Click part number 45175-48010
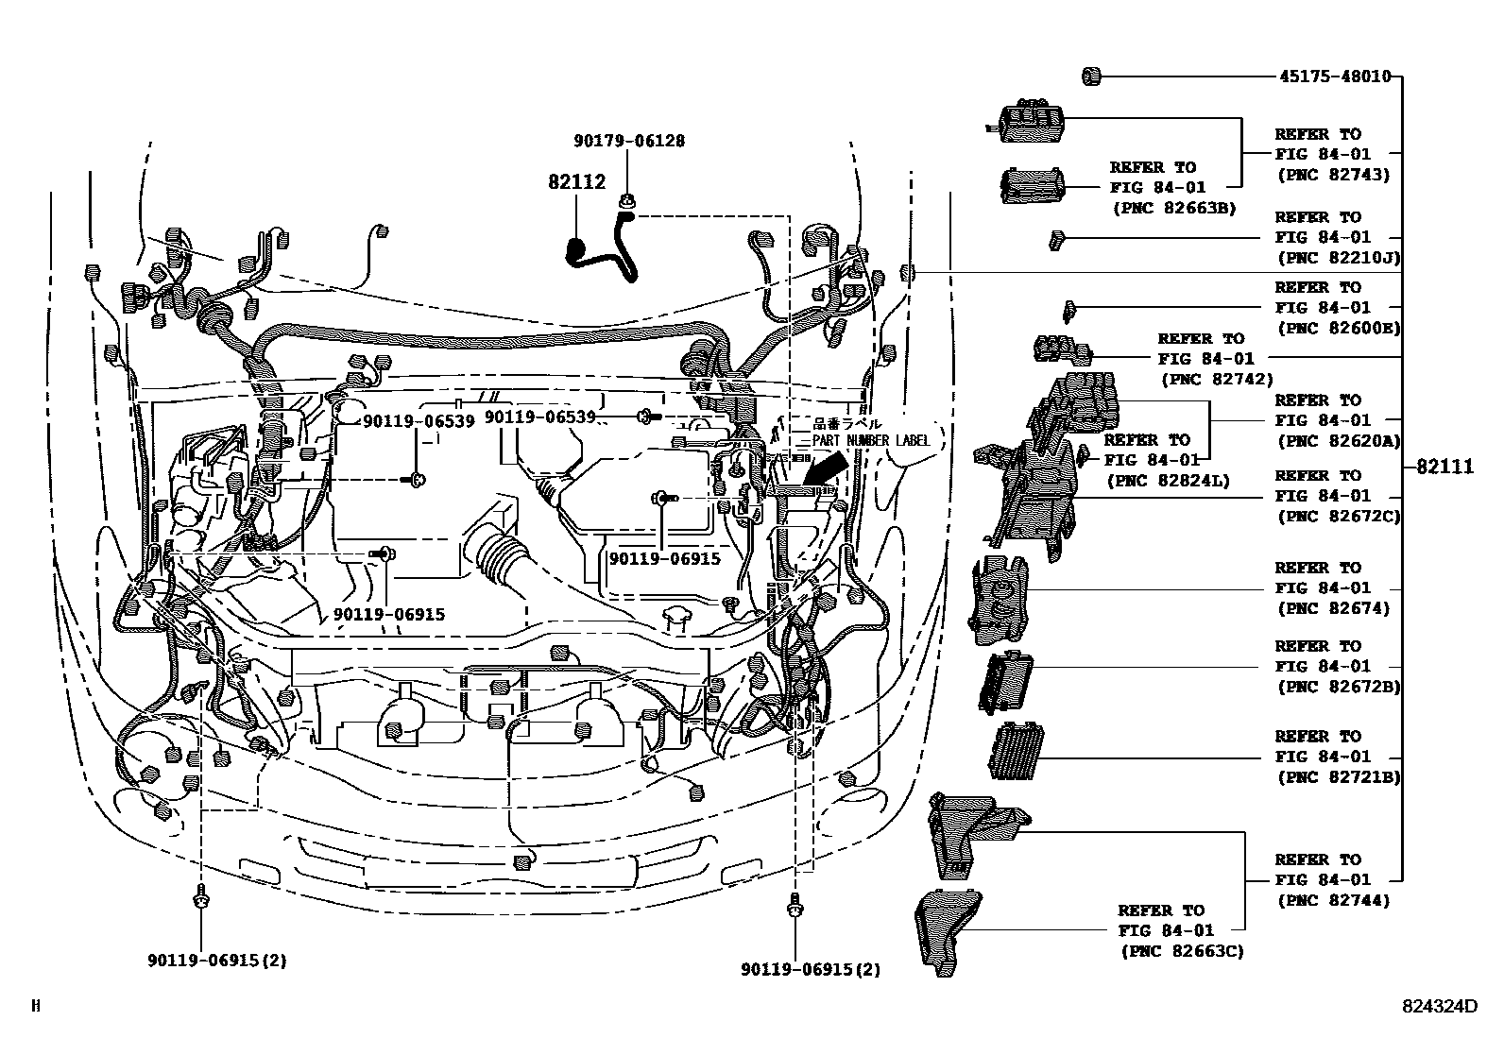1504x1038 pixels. (x=1335, y=77)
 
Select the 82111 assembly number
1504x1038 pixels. (x=1444, y=467)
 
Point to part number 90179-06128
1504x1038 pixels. (x=628, y=141)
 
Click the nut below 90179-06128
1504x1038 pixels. (x=626, y=200)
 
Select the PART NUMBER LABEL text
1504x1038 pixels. (x=871, y=441)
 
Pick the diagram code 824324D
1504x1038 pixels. (x=1438, y=1007)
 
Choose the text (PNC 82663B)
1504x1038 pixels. (x=1172, y=209)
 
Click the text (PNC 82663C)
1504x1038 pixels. (x=1181, y=951)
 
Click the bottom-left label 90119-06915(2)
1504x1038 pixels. (x=216, y=961)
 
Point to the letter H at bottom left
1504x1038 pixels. (x=36, y=1007)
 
